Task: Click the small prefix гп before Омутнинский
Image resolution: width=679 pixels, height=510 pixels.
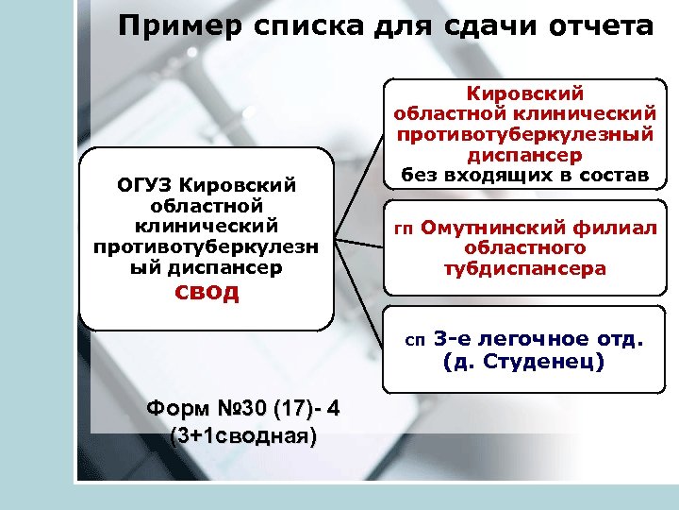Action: (404, 229)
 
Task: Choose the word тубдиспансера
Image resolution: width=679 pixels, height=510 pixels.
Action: (525, 268)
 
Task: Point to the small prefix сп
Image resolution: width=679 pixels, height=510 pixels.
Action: (415, 339)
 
